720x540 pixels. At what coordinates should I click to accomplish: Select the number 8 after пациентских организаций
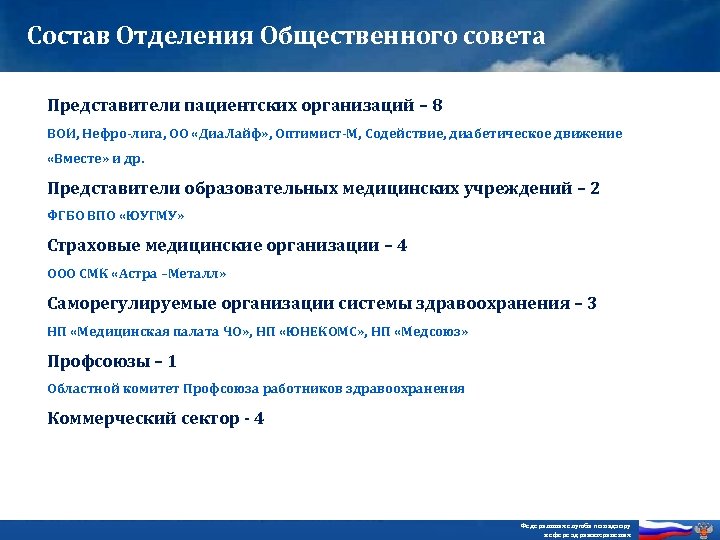(438, 104)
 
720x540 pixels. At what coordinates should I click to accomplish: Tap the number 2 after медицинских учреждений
(595, 187)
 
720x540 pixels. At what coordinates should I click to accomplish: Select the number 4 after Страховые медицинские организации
(402, 245)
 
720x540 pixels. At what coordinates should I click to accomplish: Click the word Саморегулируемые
(124, 303)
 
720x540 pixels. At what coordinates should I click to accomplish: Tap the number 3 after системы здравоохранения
(592, 303)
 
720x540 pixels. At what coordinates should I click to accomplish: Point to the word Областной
(81, 388)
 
